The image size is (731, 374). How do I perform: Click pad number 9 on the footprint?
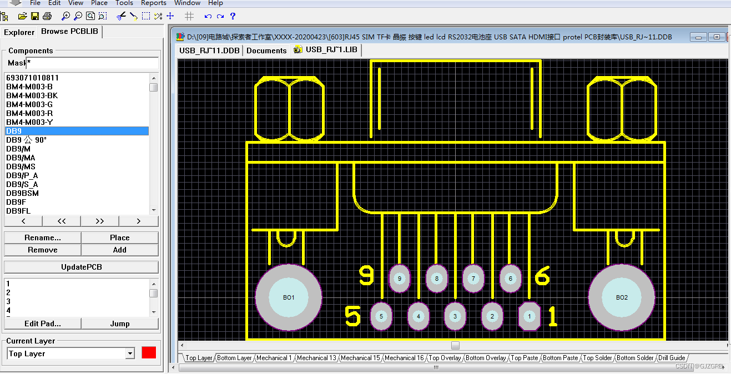399,279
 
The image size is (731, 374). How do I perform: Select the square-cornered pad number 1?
529,316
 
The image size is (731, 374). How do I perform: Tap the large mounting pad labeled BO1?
289,297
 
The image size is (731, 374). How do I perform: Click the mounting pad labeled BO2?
622,297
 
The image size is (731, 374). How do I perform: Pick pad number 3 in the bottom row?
455,316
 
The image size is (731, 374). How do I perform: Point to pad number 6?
510,279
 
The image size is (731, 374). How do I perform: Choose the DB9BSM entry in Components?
22,193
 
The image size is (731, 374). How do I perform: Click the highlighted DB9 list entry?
14,131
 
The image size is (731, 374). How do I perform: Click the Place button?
119,237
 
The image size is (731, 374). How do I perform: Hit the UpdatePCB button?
81,267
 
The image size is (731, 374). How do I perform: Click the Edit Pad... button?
43,324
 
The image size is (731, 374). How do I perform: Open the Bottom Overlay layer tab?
486,358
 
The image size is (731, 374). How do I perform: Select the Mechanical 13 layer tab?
316,358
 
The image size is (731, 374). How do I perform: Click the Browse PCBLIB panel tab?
69,32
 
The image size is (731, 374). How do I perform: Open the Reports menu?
154,3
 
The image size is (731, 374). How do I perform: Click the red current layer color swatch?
149,353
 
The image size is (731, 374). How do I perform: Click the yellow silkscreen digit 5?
352,316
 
